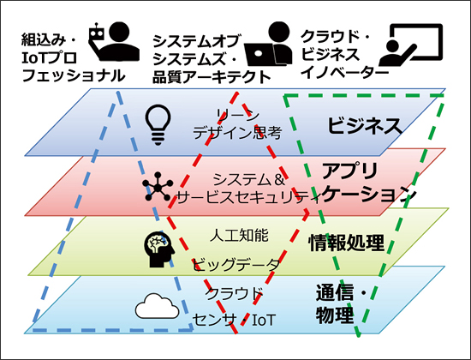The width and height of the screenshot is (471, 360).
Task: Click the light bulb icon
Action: click(158, 125)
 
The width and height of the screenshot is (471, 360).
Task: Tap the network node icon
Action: click(158, 187)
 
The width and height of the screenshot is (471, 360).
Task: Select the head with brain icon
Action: click(159, 249)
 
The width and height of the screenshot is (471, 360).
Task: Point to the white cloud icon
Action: click(157, 306)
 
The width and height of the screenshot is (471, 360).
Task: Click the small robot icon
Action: click(97, 34)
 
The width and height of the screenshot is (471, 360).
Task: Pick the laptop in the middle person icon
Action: click(259, 54)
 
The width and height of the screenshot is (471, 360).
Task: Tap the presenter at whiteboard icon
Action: click(410, 45)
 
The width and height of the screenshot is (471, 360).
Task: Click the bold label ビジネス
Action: click(364, 126)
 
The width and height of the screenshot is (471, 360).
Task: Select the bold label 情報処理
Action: click(346, 243)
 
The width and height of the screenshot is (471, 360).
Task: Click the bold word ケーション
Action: click(369, 195)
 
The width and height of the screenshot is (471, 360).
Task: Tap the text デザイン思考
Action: click(237, 133)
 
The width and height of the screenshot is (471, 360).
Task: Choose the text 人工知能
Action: click(239, 235)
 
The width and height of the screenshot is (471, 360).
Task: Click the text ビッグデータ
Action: click(236, 265)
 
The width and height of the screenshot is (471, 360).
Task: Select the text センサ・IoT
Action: click(234, 320)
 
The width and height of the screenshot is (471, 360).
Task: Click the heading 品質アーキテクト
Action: click(212, 77)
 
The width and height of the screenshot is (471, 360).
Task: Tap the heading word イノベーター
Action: click(344, 73)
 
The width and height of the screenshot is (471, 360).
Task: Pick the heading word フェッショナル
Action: click(74, 75)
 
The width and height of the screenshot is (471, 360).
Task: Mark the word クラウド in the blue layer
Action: click(234, 293)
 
